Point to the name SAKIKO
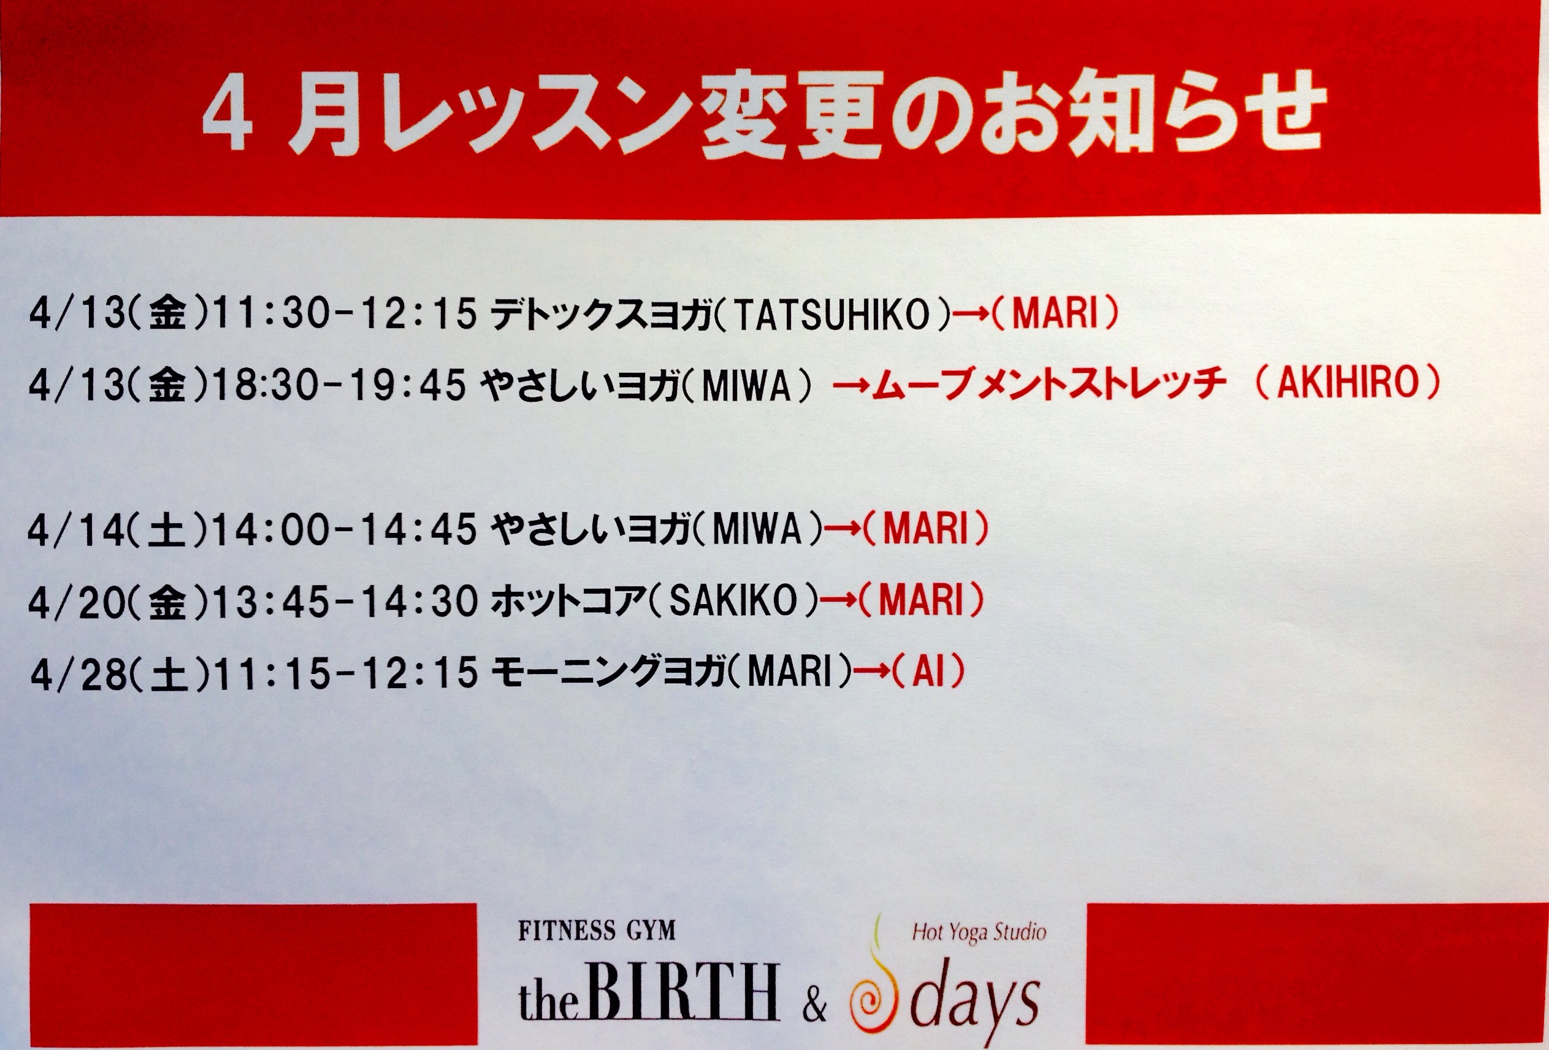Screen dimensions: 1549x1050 click(x=733, y=600)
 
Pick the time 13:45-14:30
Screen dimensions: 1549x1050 click(x=345, y=601)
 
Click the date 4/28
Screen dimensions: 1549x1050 click(x=79, y=673)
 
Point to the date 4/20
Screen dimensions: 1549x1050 click(x=77, y=602)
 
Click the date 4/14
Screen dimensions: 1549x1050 click(x=77, y=530)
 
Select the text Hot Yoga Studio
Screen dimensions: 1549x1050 click(x=979, y=932)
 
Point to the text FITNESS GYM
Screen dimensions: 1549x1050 click(x=597, y=930)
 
